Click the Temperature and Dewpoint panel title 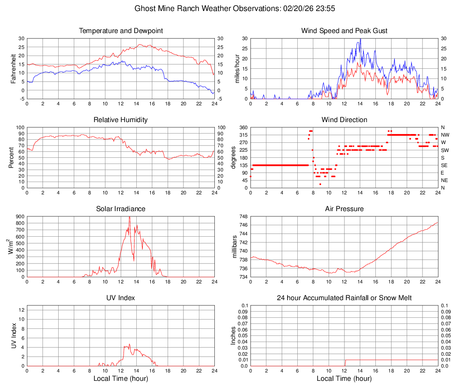point(121,31)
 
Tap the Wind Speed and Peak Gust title point(344,31)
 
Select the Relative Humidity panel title point(121,120)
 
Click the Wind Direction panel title point(344,120)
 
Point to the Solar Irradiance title point(121,209)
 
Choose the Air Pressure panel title point(344,209)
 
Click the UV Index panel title point(121,298)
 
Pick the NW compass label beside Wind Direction point(445,135)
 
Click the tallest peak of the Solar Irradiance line point(129,217)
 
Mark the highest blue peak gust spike point(360,39)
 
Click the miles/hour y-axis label point(237,69)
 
